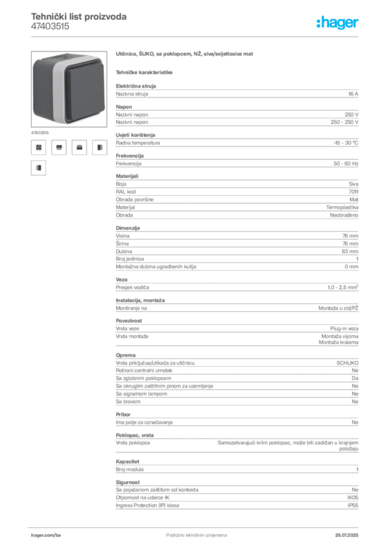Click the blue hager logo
339,23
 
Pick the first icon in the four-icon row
38,147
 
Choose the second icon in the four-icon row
59,147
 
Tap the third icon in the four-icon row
79,147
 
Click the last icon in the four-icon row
99,147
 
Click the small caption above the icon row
40,131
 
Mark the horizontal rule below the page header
196,37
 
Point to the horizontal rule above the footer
196,526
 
